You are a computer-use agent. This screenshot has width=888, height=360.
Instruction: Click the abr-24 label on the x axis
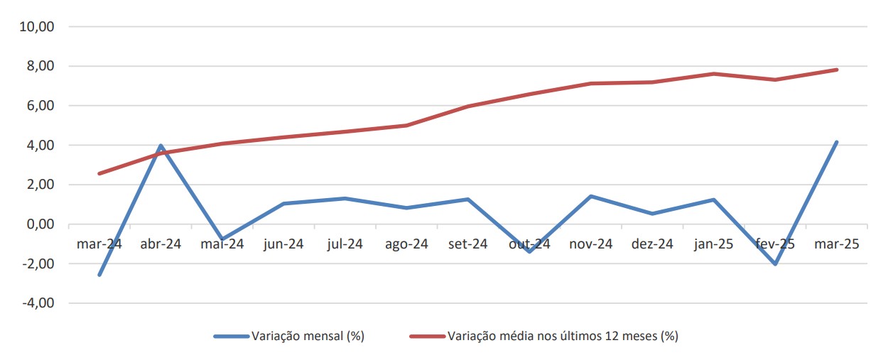(x=161, y=244)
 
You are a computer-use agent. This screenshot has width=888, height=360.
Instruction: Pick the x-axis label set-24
(x=468, y=244)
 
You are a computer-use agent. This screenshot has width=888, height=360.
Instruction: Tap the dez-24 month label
(x=653, y=244)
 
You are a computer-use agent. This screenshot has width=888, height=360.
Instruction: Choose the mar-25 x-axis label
(x=837, y=244)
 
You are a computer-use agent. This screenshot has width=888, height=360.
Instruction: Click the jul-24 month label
(x=345, y=244)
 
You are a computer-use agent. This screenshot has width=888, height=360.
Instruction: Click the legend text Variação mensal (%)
(x=308, y=336)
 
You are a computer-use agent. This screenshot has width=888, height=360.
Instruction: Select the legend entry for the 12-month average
(x=563, y=336)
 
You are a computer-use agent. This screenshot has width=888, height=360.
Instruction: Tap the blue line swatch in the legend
(x=231, y=336)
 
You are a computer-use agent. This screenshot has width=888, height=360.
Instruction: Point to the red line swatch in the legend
(x=427, y=336)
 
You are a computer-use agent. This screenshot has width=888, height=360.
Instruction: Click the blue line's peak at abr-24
(x=161, y=146)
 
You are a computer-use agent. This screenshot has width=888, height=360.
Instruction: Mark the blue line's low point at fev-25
(x=775, y=264)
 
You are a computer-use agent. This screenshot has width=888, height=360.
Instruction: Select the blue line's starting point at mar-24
(x=99, y=275)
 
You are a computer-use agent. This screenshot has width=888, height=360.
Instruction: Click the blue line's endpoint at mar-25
(x=837, y=142)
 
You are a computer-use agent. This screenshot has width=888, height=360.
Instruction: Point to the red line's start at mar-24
(x=99, y=173)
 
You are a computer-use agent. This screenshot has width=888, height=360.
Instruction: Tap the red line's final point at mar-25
(x=837, y=70)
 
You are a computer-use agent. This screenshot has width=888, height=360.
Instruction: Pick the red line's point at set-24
(x=468, y=107)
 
